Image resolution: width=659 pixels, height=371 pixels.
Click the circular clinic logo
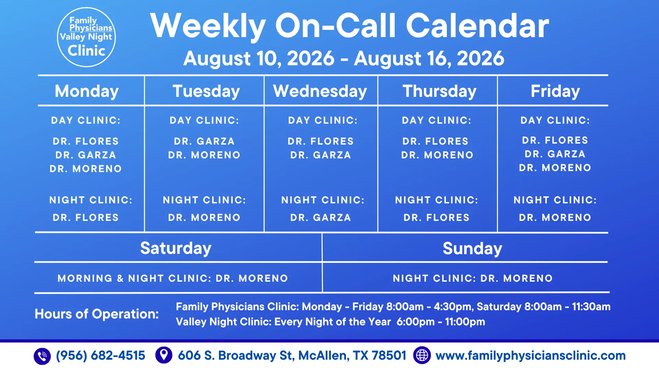pyautogui.click(x=86, y=37)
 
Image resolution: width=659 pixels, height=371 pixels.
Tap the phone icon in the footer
pyautogui.click(x=42, y=356)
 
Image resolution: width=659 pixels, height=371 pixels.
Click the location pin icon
pyautogui.click(x=164, y=355)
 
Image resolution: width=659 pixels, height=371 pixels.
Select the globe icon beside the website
pyautogui.click(x=422, y=355)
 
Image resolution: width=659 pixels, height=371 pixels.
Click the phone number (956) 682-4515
pyautogui.click(x=101, y=356)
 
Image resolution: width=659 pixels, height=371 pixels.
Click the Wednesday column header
pyautogui.click(x=320, y=91)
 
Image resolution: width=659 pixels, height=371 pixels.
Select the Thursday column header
pyautogui.click(x=440, y=91)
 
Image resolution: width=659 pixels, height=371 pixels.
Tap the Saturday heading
pyautogui.click(x=176, y=248)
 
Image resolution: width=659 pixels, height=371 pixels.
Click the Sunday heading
pyautogui.click(x=472, y=249)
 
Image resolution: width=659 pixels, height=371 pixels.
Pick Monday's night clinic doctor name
pyautogui.click(x=86, y=218)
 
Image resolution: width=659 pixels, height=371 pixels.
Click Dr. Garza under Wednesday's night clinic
pyautogui.click(x=321, y=218)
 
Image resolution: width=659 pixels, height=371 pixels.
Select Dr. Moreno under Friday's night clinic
pyautogui.click(x=555, y=218)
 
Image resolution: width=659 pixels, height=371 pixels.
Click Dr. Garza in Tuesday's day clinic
pyautogui.click(x=204, y=142)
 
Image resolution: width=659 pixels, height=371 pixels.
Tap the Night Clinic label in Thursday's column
pyautogui.click(x=437, y=200)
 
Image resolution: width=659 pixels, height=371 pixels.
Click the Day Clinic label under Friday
pyautogui.click(x=555, y=121)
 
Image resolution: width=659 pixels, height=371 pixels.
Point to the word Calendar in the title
pyautogui.click(x=477, y=26)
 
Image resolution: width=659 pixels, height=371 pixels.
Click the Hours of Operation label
pyautogui.click(x=97, y=314)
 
